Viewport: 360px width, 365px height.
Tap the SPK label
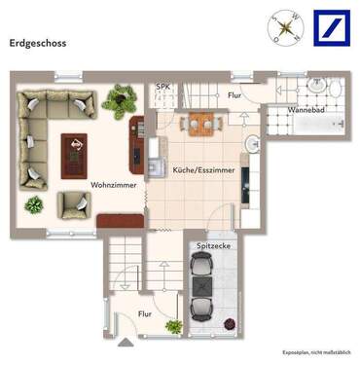click(162, 87)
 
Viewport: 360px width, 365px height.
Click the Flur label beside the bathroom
click(234, 95)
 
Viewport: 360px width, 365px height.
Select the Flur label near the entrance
click(144, 313)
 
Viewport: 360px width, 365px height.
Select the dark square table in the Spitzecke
click(202, 286)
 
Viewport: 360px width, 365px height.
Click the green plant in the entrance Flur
click(173, 326)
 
